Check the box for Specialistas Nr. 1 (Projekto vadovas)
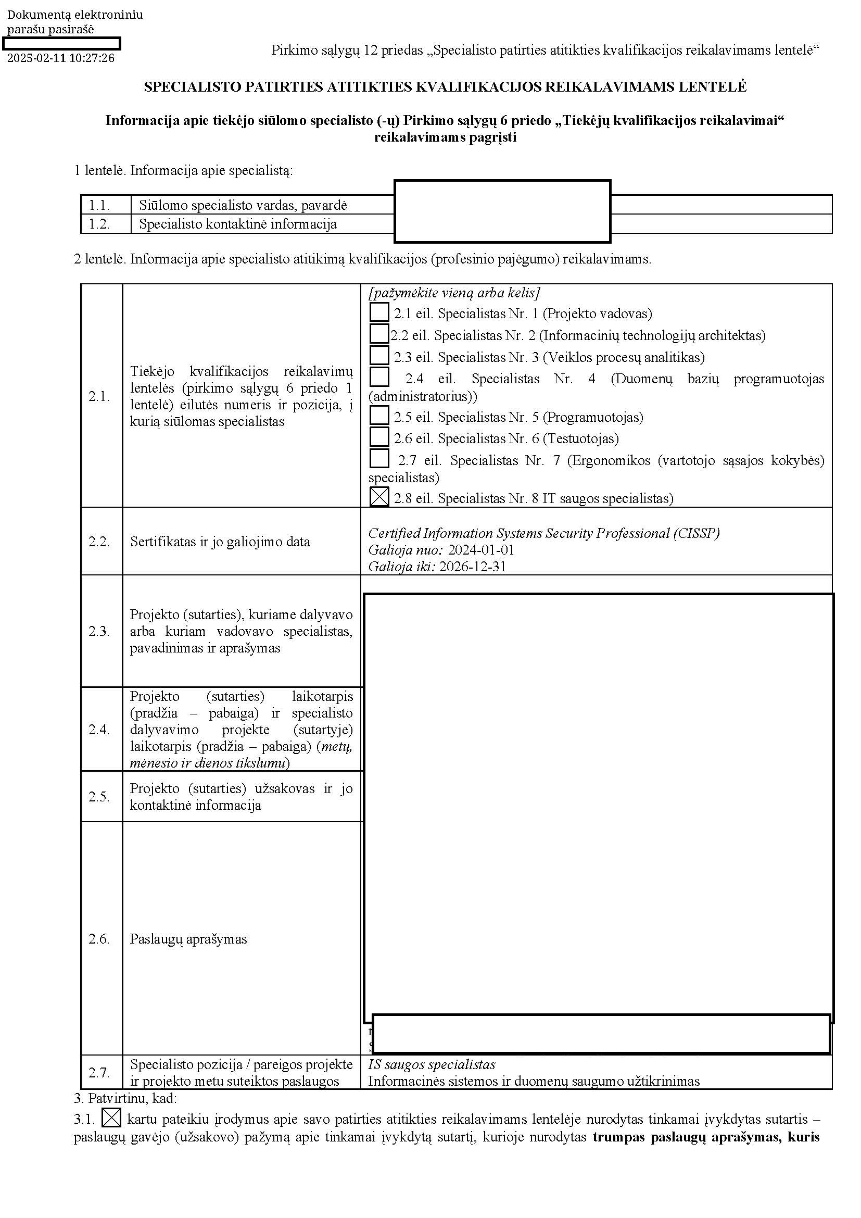coord(379,312)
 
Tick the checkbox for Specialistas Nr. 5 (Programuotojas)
coord(379,416)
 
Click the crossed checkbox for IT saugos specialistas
coord(379,497)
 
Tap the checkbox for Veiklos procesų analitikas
coord(379,356)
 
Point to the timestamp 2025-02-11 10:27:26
coord(61,58)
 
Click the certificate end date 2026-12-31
coord(472,567)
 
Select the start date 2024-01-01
coord(481,549)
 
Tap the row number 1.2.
coord(99,224)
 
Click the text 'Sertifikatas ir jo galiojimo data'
coord(220,542)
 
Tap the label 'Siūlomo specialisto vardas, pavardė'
coord(243,205)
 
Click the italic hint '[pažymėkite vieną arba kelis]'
coord(454,293)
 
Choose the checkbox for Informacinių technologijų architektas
coord(379,334)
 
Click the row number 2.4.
coord(99,730)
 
